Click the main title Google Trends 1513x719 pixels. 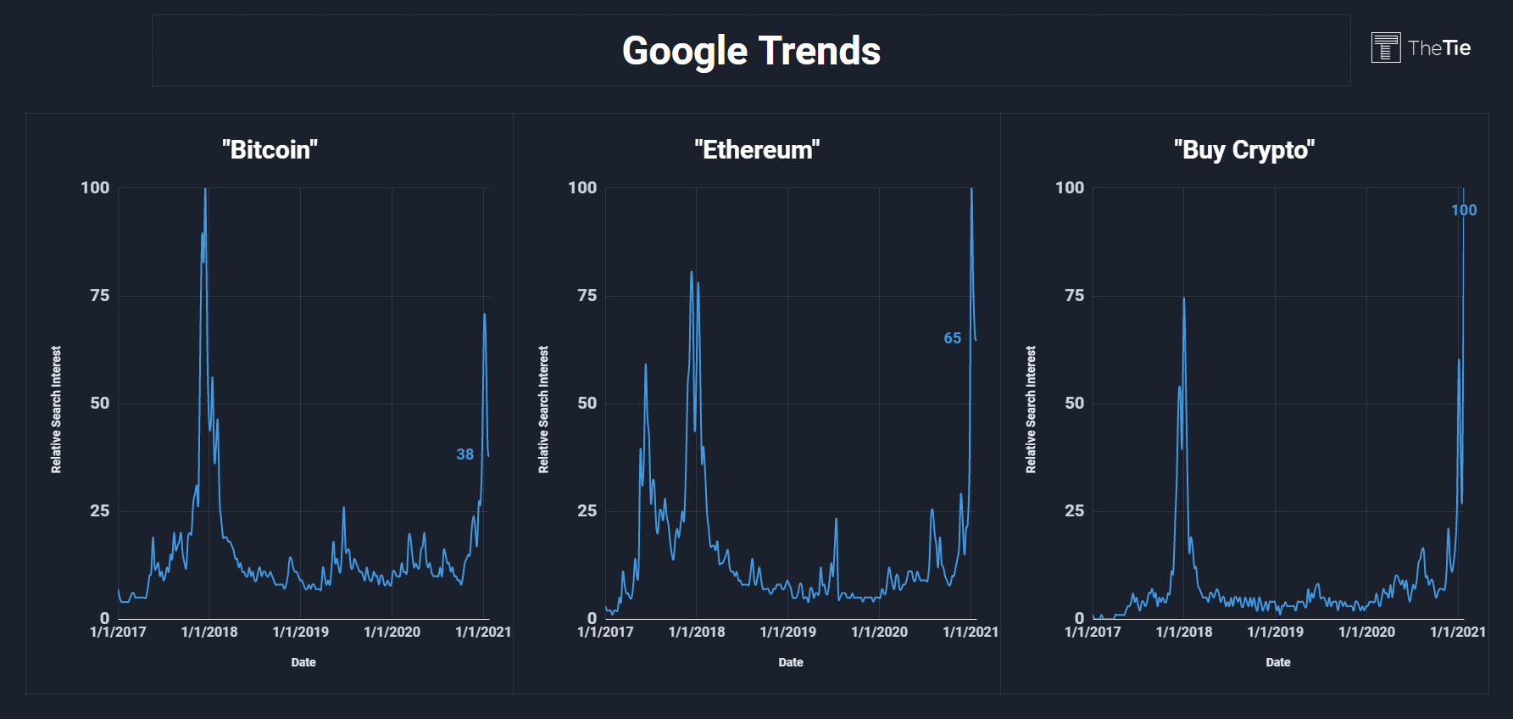coord(751,51)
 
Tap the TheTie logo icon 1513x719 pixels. coord(1386,47)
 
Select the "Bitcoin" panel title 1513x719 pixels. coord(270,150)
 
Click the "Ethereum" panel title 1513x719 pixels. coord(757,150)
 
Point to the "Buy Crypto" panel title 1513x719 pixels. coord(1244,150)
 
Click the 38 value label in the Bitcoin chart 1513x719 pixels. coord(465,454)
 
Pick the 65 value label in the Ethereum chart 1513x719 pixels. coord(953,338)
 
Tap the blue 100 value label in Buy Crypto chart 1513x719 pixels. coord(1464,210)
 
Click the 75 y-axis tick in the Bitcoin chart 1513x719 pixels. coord(100,295)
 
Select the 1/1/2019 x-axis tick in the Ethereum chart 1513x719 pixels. coord(788,632)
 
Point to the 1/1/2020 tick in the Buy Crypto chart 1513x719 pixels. coord(1366,632)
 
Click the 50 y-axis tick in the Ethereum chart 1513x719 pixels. coord(587,403)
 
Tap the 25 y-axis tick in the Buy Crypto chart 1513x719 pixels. coord(1075,510)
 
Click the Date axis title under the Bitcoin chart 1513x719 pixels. coord(303,662)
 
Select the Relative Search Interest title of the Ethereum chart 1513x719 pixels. coord(543,410)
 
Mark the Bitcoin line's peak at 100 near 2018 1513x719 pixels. coord(205,189)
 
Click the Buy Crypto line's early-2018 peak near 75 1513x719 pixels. coord(1184,298)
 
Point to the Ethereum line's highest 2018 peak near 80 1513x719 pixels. coord(692,272)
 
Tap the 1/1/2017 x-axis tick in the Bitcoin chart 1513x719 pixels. coord(118,632)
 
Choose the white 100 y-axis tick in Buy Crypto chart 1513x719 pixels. coord(1070,187)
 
